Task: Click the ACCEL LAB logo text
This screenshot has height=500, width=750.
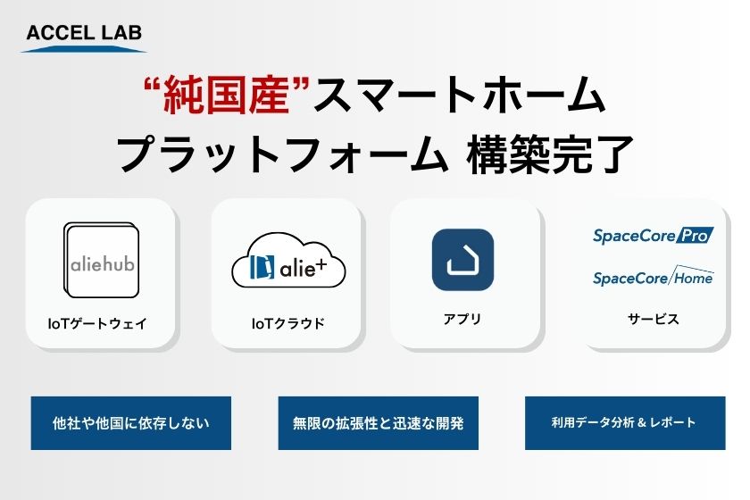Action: click(x=84, y=32)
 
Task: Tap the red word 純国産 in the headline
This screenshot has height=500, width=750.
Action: click(x=227, y=96)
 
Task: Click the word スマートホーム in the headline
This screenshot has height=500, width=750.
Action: click(x=460, y=96)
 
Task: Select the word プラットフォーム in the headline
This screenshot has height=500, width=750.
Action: click(x=283, y=154)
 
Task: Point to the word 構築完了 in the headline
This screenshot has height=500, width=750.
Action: click(x=550, y=154)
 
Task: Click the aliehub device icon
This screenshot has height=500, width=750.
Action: click(x=102, y=261)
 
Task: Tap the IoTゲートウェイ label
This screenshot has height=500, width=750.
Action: click(x=97, y=323)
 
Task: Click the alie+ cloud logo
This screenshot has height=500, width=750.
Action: click(x=288, y=261)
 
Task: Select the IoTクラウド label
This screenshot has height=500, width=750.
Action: click(x=287, y=323)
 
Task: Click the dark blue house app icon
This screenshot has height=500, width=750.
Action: click(x=462, y=260)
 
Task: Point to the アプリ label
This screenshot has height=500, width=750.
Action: click(x=462, y=319)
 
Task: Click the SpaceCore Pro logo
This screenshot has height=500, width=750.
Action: click(x=653, y=236)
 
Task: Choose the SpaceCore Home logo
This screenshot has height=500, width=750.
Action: click(x=653, y=276)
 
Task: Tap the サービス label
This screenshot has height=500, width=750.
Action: click(x=653, y=319)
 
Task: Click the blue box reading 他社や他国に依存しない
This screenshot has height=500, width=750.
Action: click(x=131, y=423)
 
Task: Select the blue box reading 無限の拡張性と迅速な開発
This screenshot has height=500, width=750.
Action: click(x=379, y=423)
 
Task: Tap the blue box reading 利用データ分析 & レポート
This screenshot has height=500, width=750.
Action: click(x=625, y=423)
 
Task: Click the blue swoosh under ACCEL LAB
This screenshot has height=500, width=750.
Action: click(x=84, y=49)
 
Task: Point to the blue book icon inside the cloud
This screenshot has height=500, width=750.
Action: click(x=262, y=267)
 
